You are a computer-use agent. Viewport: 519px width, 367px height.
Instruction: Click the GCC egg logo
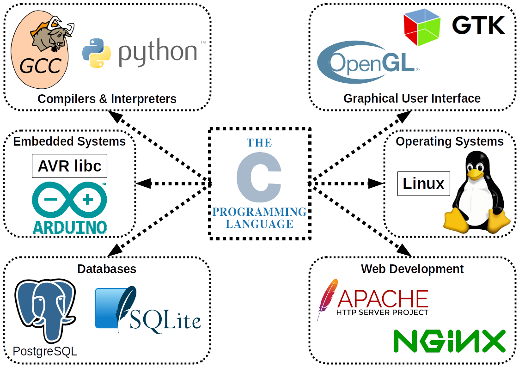(x=39, y=53)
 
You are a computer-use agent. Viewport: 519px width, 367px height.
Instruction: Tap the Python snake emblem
(x=97, y=53)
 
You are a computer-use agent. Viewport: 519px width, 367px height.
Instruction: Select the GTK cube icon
(x=421, y=27)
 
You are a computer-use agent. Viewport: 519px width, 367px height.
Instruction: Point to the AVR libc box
(x=69, y=166)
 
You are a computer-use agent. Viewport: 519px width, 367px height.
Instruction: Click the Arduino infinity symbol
(x=69, y=200)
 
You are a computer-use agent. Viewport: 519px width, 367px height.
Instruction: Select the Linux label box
(x=423, y=183)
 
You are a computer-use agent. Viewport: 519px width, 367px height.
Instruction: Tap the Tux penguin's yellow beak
(x=475, y=174)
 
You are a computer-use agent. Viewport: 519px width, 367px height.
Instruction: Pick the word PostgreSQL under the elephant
(x=45, y=352)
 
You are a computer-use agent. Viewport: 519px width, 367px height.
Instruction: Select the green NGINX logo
(x=449, y=342)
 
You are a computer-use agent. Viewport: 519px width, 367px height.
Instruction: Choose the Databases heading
(x=107, y=269)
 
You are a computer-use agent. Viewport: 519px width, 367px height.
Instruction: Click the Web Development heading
(x=412, y=269)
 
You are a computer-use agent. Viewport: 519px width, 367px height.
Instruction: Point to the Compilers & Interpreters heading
(x=107, y=98)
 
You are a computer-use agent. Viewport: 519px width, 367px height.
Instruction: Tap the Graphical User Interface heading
(x=412, y=98)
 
